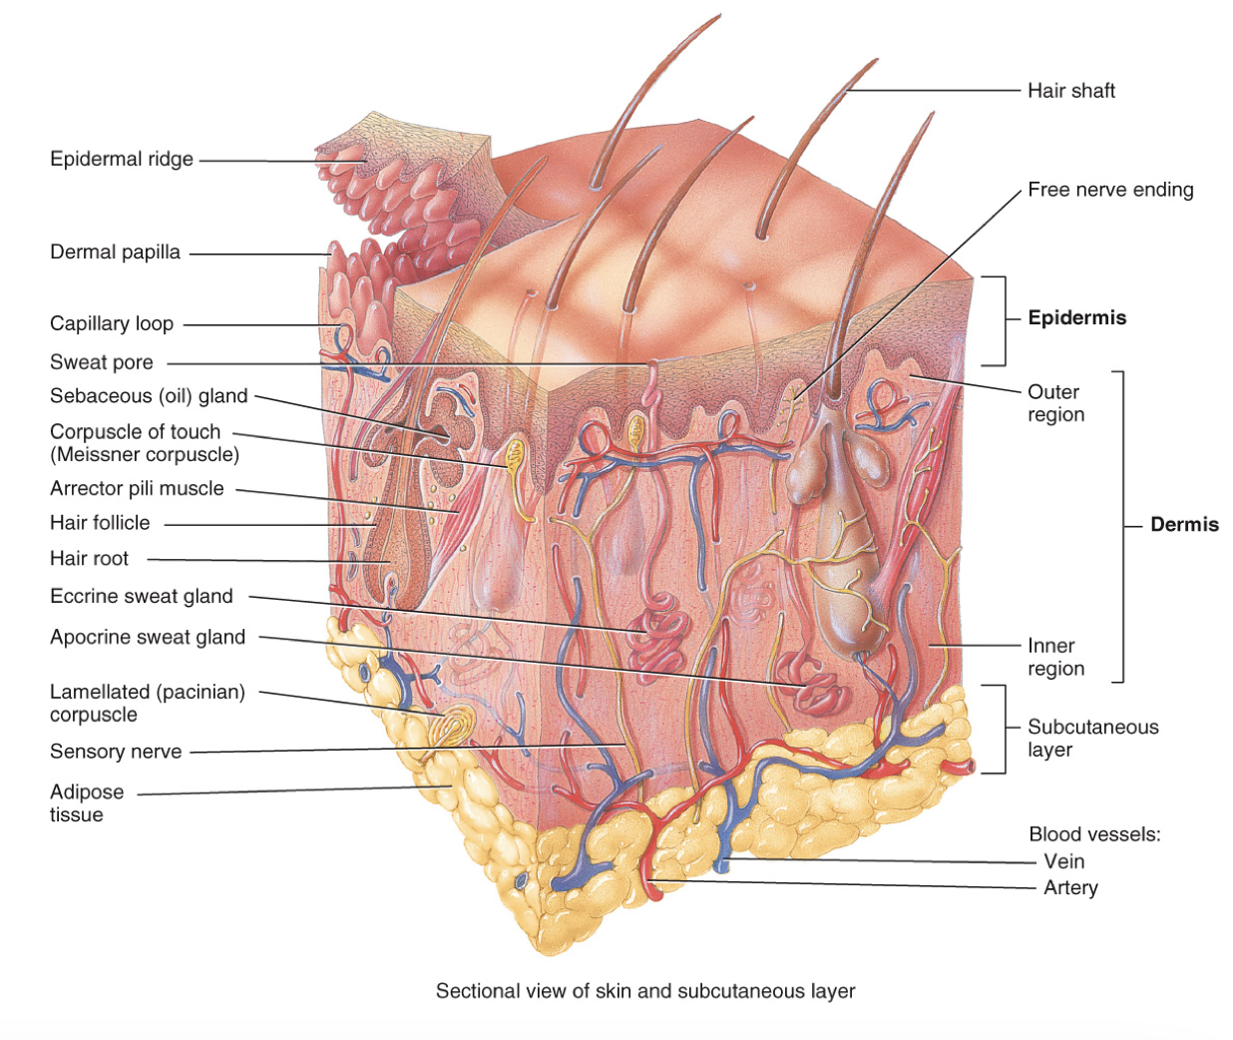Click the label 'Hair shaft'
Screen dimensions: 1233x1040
(x=1070, y=91)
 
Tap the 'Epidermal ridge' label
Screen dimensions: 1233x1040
(x=122, y=159)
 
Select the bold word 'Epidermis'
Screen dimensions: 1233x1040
(x=1076, y=318)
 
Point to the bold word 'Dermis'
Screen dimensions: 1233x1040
(x=1184, y=525)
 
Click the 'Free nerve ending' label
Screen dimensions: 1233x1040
(x=1110, y=190)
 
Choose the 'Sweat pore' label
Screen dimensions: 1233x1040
(x=102, y=362)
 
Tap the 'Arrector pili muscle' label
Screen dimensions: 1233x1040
(x=137, y=489)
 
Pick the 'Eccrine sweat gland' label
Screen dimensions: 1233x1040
(x=142, y=597)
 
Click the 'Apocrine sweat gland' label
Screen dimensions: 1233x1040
(x=148, y=638)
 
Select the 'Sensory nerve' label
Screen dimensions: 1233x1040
(x=116, y=752)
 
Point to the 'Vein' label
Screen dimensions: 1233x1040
(x=1063, y=861)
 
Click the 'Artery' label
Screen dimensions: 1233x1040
(x=1070, y=888)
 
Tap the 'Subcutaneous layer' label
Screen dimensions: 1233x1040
(x=1092, y=739)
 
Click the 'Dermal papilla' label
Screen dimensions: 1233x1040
(x=115, y=253)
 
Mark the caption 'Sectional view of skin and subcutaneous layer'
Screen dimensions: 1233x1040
(x=645, y=991)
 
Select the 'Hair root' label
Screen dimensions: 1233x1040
(x=90, y=559)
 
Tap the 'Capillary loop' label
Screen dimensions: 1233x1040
(x=112, y=324)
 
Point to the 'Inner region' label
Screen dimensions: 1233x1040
(x=1055, y=658)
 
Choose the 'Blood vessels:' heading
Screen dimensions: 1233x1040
(x=1094, y=834)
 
